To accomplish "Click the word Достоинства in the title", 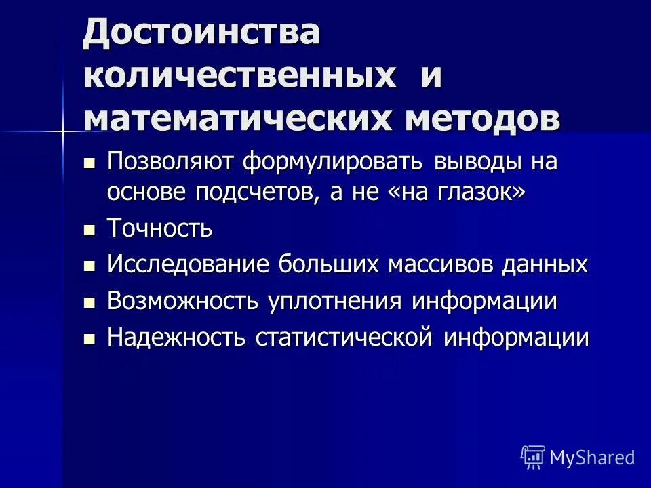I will [201, 33].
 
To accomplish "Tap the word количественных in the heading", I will [240, 76].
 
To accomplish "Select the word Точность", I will [159, 229].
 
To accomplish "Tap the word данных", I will [545, 265].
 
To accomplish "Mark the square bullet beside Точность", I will [90, 230].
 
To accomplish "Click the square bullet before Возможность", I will [90, 302].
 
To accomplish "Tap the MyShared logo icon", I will [532, 457].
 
